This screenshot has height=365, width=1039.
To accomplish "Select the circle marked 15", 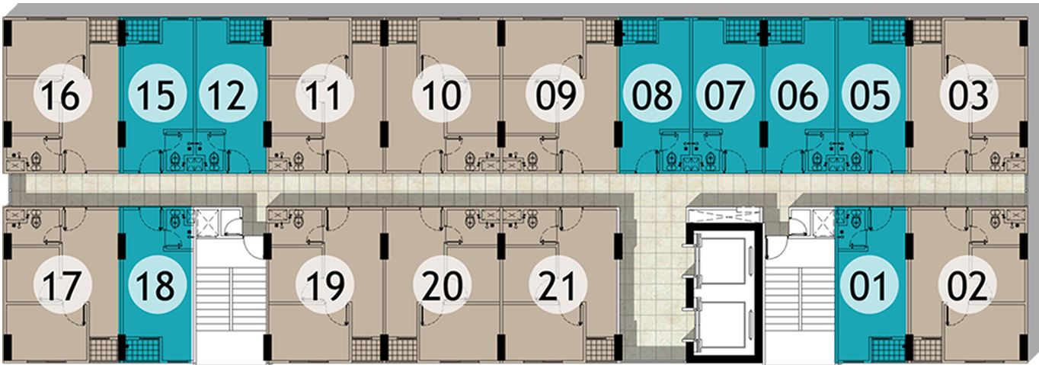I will click(x=157, y=97).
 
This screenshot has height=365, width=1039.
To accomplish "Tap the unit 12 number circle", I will click(x=229, y=97).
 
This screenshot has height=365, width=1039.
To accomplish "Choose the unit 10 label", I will click(x=441, y=97).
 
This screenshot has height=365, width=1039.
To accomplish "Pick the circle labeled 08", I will click(x=653, y=97).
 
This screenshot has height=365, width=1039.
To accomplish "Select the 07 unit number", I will click(x=726, y=97).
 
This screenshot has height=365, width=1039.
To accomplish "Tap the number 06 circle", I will click(x=799, y=97).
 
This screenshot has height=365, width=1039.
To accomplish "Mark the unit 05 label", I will click(x=871, y=97).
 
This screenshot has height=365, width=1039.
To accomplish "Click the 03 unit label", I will click(x=969, y=97).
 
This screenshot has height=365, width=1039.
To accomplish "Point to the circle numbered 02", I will click(x=969, y=287).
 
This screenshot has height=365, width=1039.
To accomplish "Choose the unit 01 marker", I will click(x=869, y=287).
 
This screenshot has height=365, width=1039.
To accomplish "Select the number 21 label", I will click(x=558, y=287).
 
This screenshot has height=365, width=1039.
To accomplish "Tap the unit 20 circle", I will click(x=442, y=287).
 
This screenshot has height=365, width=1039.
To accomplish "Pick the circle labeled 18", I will click(x=157, y=287).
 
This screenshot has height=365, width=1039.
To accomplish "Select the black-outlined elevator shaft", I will click(x=724, y=293).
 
